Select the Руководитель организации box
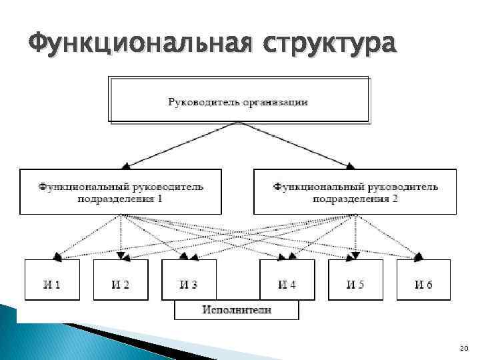(x=238, y=99)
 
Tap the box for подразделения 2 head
(x=355, y=192)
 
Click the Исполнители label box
(x=237, y=310)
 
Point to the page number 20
(x=464, y=348)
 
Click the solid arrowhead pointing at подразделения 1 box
(x=125, y=166)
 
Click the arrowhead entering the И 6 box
(x=418, y=257)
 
